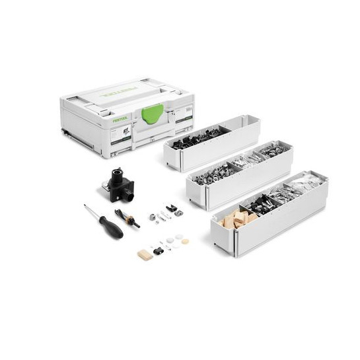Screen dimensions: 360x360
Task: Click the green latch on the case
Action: tap(152, 114)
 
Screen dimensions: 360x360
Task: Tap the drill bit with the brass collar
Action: tap(127, 218)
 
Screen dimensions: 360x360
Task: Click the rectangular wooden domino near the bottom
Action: tap(145, 255)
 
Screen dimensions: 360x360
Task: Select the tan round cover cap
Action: tap(186, 242)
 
